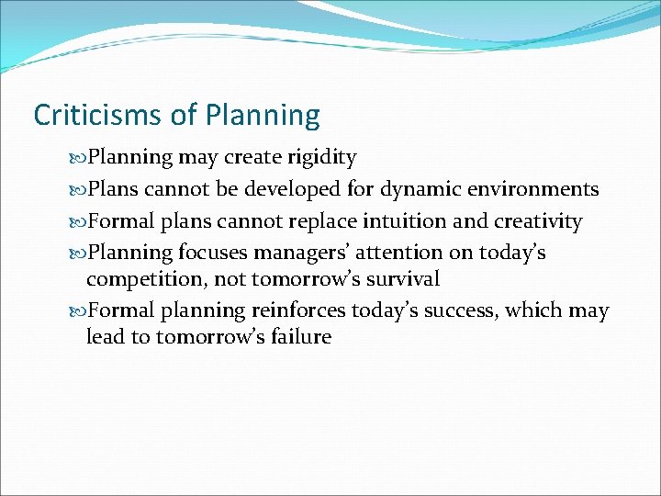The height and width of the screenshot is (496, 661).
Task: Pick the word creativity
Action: pyautogui.click(x=542, y=221)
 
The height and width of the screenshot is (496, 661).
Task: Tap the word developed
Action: pyautogui.click(x=294, y=190)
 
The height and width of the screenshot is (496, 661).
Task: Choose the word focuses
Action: pyautogui.click(x=214, y=253)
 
